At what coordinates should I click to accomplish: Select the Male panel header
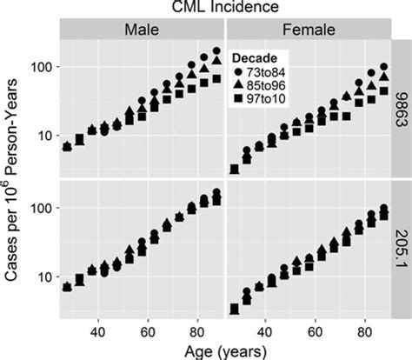142,30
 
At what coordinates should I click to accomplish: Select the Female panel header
309,30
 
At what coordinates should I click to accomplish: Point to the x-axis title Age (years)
224,351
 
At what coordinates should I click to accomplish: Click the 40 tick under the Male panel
97,331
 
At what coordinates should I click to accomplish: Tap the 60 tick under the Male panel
148,331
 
